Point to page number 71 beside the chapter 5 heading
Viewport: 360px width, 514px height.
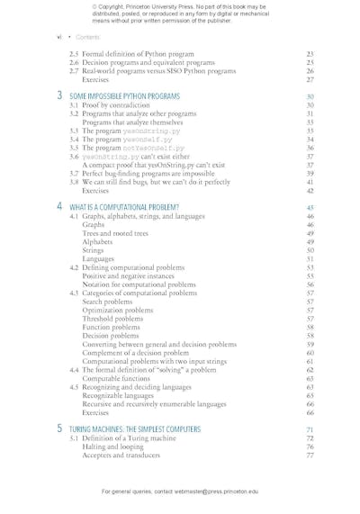[309, 429]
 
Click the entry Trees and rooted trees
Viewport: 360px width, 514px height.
[116, 233]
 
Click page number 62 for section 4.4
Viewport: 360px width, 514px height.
[309, 369]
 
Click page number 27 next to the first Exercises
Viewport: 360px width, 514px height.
[309, 79]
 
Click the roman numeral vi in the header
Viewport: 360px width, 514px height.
[58, 37]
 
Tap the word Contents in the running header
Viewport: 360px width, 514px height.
[88, 37]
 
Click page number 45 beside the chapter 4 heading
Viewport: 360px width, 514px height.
[309, 207]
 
